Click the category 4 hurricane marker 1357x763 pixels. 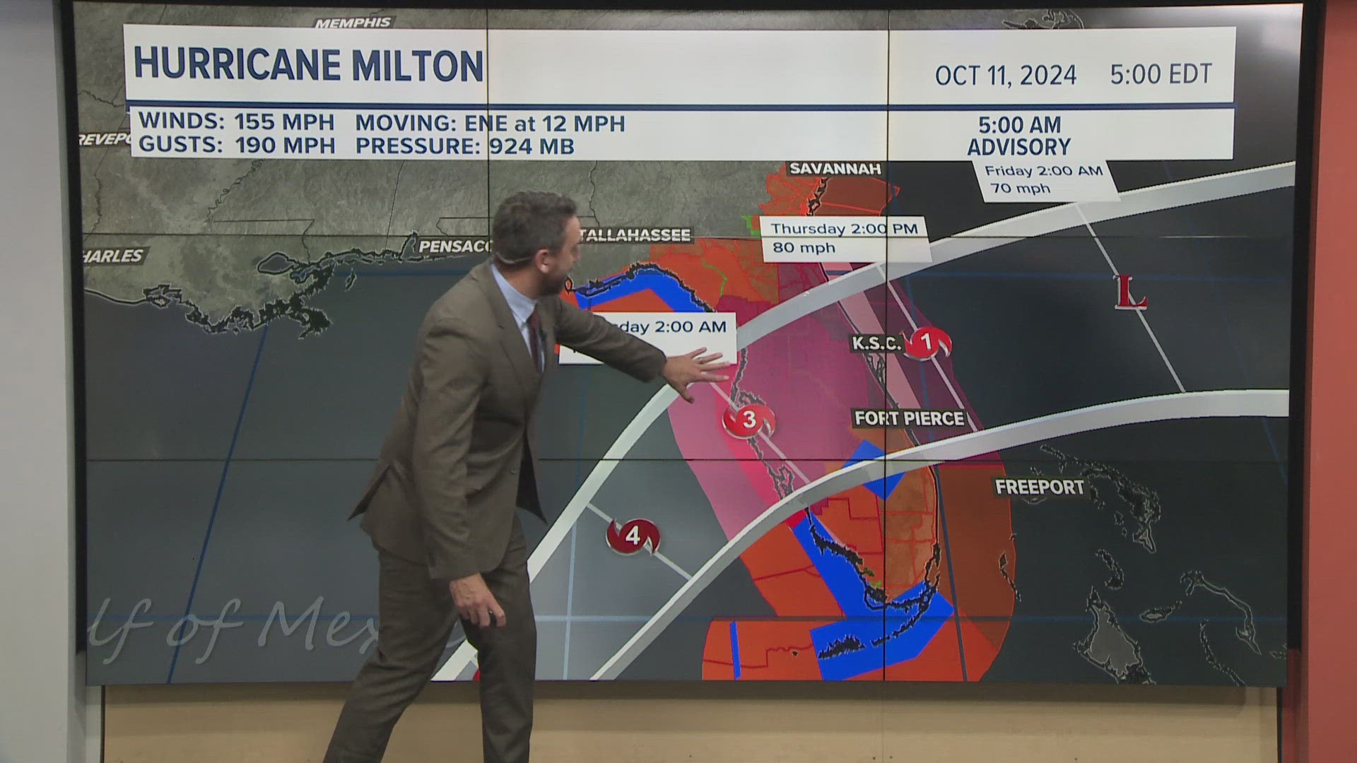(633, 536)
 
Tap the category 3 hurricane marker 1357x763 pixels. (748, 420)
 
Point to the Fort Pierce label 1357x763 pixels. (909, 418)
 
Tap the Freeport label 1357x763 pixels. (1039, 487)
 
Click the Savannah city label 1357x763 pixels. (835, 169)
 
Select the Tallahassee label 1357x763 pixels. (634, 235)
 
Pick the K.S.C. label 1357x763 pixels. (876, 344)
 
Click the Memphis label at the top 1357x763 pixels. (353, 23)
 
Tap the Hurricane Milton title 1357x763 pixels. (309, 66)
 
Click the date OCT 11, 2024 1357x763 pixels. (1005, 75)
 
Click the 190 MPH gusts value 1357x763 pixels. (284, 146)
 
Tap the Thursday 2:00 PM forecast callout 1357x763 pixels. (844, 238)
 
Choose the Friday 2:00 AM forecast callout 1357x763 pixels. (1044, 179)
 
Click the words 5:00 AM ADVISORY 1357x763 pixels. (1019, 136)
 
